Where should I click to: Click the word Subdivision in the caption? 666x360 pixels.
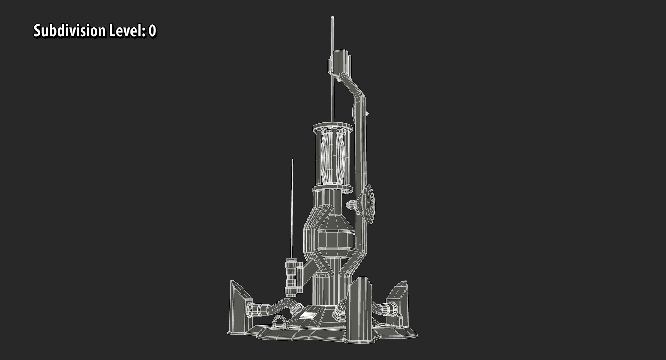(x=70, y=31)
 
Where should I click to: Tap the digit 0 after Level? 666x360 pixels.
(x=152, y=31)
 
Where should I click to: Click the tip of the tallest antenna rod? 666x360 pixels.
(x=332, y=18)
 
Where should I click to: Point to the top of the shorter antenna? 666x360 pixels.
(x=292, y=160)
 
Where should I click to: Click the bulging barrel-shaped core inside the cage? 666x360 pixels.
(x=333, y=159)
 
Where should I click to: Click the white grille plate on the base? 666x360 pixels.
(x=308, y=316)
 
